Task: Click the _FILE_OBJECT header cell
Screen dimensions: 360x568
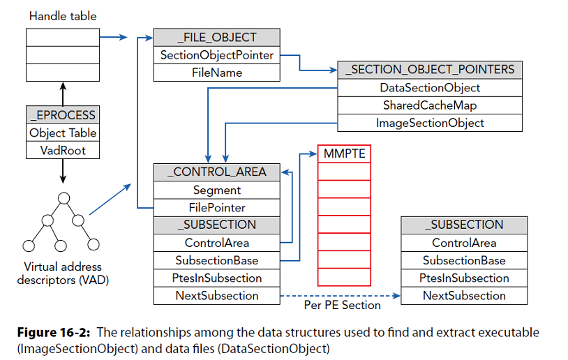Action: pos(216,38)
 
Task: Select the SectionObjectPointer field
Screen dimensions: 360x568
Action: pos(216,55)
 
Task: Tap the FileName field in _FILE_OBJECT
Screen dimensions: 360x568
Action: pos(216,73)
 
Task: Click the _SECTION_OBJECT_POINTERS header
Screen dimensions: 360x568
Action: pos(430,70)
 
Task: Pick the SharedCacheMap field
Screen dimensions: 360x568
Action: pos(430,105)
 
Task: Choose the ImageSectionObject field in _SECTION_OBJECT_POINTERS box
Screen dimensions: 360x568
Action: pos(430,123)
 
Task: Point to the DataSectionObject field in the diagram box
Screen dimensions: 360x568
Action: pos(430,88)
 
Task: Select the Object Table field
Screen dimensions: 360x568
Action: pos(63,133)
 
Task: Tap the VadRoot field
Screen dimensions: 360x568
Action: pos(63,151)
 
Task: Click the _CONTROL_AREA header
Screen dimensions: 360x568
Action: pos(216,172)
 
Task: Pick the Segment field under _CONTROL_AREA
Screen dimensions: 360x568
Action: pos(216,190)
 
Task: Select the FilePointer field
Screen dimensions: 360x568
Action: pos(216,207)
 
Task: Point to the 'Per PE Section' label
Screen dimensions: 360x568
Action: pos(343,306)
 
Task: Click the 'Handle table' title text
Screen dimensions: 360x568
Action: pos(63,15)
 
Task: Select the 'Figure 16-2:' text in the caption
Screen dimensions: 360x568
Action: pos(52,332)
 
